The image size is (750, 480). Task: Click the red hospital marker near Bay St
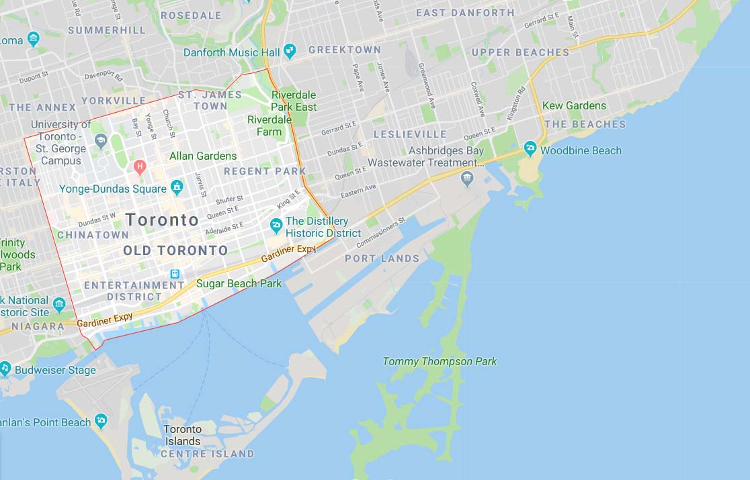[x=140, y=166]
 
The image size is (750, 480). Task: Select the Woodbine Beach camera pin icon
[x=530, y=148]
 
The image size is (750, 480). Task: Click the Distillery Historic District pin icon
[x=276, y=225]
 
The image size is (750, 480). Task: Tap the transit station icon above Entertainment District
[x=175, y=274]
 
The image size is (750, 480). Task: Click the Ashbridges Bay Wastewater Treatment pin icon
[x=467, y=178]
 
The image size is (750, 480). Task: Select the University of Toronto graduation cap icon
[x=101, y=140]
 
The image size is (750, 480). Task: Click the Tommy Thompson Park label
[x=440, y=361]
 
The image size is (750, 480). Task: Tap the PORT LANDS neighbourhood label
[x=382, y=258]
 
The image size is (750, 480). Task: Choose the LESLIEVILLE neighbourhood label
[x=410, y=134]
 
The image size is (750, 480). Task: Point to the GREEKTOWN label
[x=344, y=50]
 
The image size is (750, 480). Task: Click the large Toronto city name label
[x=162, y=220]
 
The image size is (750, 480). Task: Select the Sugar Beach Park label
[x=239, y=283]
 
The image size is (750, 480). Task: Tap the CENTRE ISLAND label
[x=207, y=454]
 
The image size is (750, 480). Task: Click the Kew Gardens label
[x=574, y=105]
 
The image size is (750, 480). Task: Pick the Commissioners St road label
[x=381, y=232]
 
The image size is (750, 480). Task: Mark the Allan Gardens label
[x=203, y=156]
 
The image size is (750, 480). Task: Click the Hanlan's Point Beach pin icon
[x=101, y=421]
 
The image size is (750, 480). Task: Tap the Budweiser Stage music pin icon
[x=5, y=369]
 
